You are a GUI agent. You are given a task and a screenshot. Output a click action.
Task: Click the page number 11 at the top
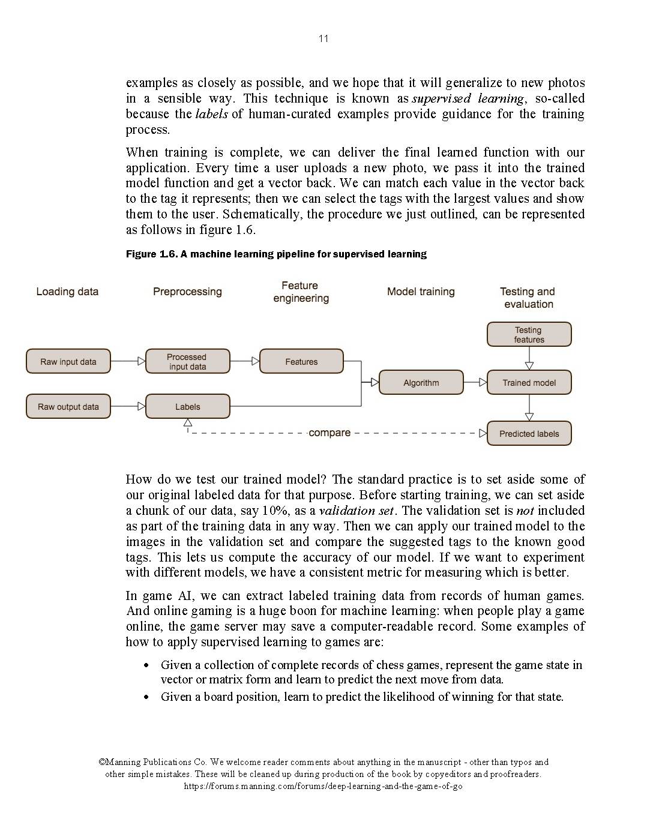pyautogui.click(x=323, y=39)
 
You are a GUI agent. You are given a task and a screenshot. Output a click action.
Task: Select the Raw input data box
pyautogui.click(x=68, y=362)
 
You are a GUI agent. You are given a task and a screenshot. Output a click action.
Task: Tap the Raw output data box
pyautogui.click(x=68, y=407)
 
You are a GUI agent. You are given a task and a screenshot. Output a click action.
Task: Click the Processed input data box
pyautogui.click(x=187, y=362)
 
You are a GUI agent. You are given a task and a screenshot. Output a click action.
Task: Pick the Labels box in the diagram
pyautogui.click(x=187, y=407)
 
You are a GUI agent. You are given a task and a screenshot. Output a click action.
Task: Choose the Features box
pyautogui.click(x=301, y=362)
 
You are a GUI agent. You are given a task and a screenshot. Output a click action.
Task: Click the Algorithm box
pyautogui.click(x=421, y=383)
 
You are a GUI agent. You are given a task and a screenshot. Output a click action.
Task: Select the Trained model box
pyautogui.click(x=529, y=383)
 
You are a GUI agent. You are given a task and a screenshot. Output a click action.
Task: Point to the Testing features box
pyautogui.click(x=529, y=335)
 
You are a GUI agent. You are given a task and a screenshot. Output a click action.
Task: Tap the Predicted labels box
pyautogui.click(x=529, y=434)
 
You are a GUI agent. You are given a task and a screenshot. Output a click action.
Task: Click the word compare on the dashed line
pyautogui.click(x=330, y=433)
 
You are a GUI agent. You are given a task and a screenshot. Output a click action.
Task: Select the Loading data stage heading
pyautogui.click(x=67, y=292)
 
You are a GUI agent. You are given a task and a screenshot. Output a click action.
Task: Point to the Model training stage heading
pyautogui.click(x=421, y=292)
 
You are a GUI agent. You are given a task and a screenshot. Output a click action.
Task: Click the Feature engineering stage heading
pyautogui.click(x=301, y=292)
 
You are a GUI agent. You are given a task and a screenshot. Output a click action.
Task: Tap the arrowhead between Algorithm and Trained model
pyautogui.click(x=483, y=383)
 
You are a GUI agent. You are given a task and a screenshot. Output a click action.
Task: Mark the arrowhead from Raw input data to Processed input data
pyautogui.click(x=141, y=362)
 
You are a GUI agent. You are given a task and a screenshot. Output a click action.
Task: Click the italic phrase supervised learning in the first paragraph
pyautogui.click(x=468, y=98)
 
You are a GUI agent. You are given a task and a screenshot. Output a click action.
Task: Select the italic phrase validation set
pyautogui.click(x=357, y=511)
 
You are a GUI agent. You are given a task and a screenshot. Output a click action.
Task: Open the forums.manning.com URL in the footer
pyautogui.click(x=323, y=786)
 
